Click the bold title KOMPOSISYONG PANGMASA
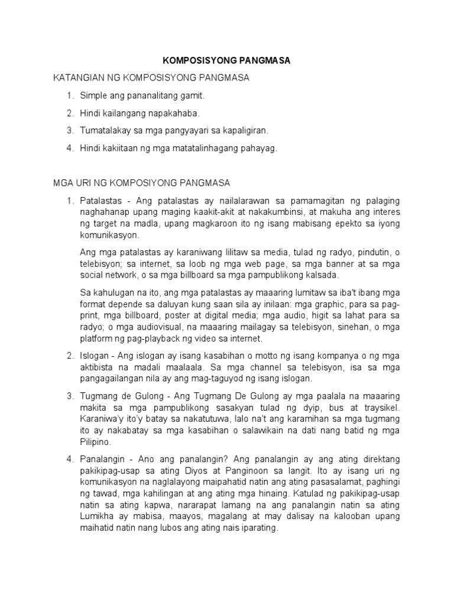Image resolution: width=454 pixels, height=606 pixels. pyautogui.click(x=227, y=61)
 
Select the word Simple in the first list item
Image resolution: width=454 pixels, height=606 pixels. pyautogui.click(x=93, y=95)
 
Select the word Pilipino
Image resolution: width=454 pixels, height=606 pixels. pyautogui.click(x=95, y=441)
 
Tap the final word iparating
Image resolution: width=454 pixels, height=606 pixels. pyautogui.click(x=257, y=528)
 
